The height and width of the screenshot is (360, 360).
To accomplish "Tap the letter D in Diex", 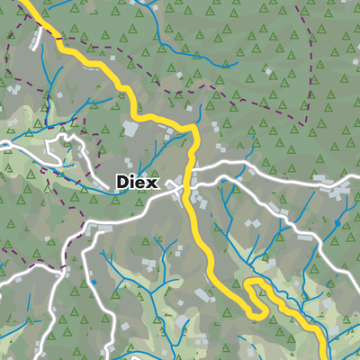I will (123, 182).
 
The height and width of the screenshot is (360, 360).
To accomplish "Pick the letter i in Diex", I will (133, 182).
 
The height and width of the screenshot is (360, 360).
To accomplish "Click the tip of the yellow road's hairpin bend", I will (251, 286).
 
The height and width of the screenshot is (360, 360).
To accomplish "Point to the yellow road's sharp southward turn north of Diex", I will (192, 132).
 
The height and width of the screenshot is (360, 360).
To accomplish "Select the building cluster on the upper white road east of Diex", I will (340, 191).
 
